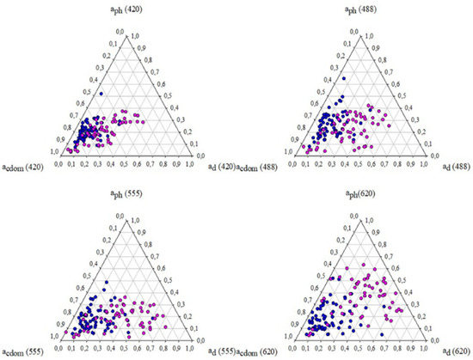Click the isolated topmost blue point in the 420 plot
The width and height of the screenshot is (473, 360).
pyautogui.click(x=101, y=93)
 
